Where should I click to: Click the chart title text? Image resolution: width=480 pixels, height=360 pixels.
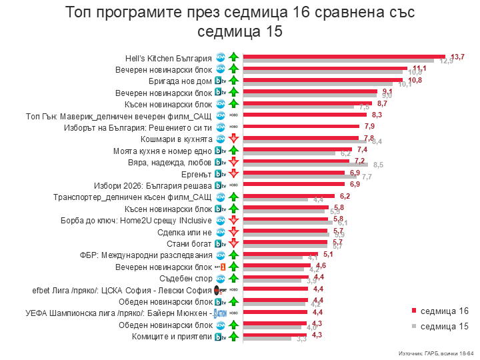pyautogui.click(x=240, y=21)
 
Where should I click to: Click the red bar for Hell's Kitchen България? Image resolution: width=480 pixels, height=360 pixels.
pyautogui.click(x=344, y=56)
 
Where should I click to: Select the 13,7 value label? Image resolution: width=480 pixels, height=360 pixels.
pyautogui.click(x=457, y=57)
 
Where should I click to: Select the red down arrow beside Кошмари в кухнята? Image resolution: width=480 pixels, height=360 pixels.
pyautogui.click(x=233, y=139)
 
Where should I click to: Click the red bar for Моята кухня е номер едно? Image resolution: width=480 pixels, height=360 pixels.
pyautogui.click(x=297, y=149)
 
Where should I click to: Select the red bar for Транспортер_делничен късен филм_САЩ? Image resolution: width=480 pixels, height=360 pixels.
pyautogui.click(x=291, y=197)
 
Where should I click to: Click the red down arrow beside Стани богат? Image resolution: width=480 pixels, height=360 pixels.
pyautogui.click(x=233, y=243)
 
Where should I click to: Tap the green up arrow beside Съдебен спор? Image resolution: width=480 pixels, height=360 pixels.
pyautogui.click(x=233, y=278)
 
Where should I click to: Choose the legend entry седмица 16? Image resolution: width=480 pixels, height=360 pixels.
pyautogui.click(x=439, y=311)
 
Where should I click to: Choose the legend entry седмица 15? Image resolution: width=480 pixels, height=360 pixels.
pyautogui.click(x=439, y=326)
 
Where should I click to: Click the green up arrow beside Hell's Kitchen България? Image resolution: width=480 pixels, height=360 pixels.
pyautogui.click(x=233, y=57)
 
